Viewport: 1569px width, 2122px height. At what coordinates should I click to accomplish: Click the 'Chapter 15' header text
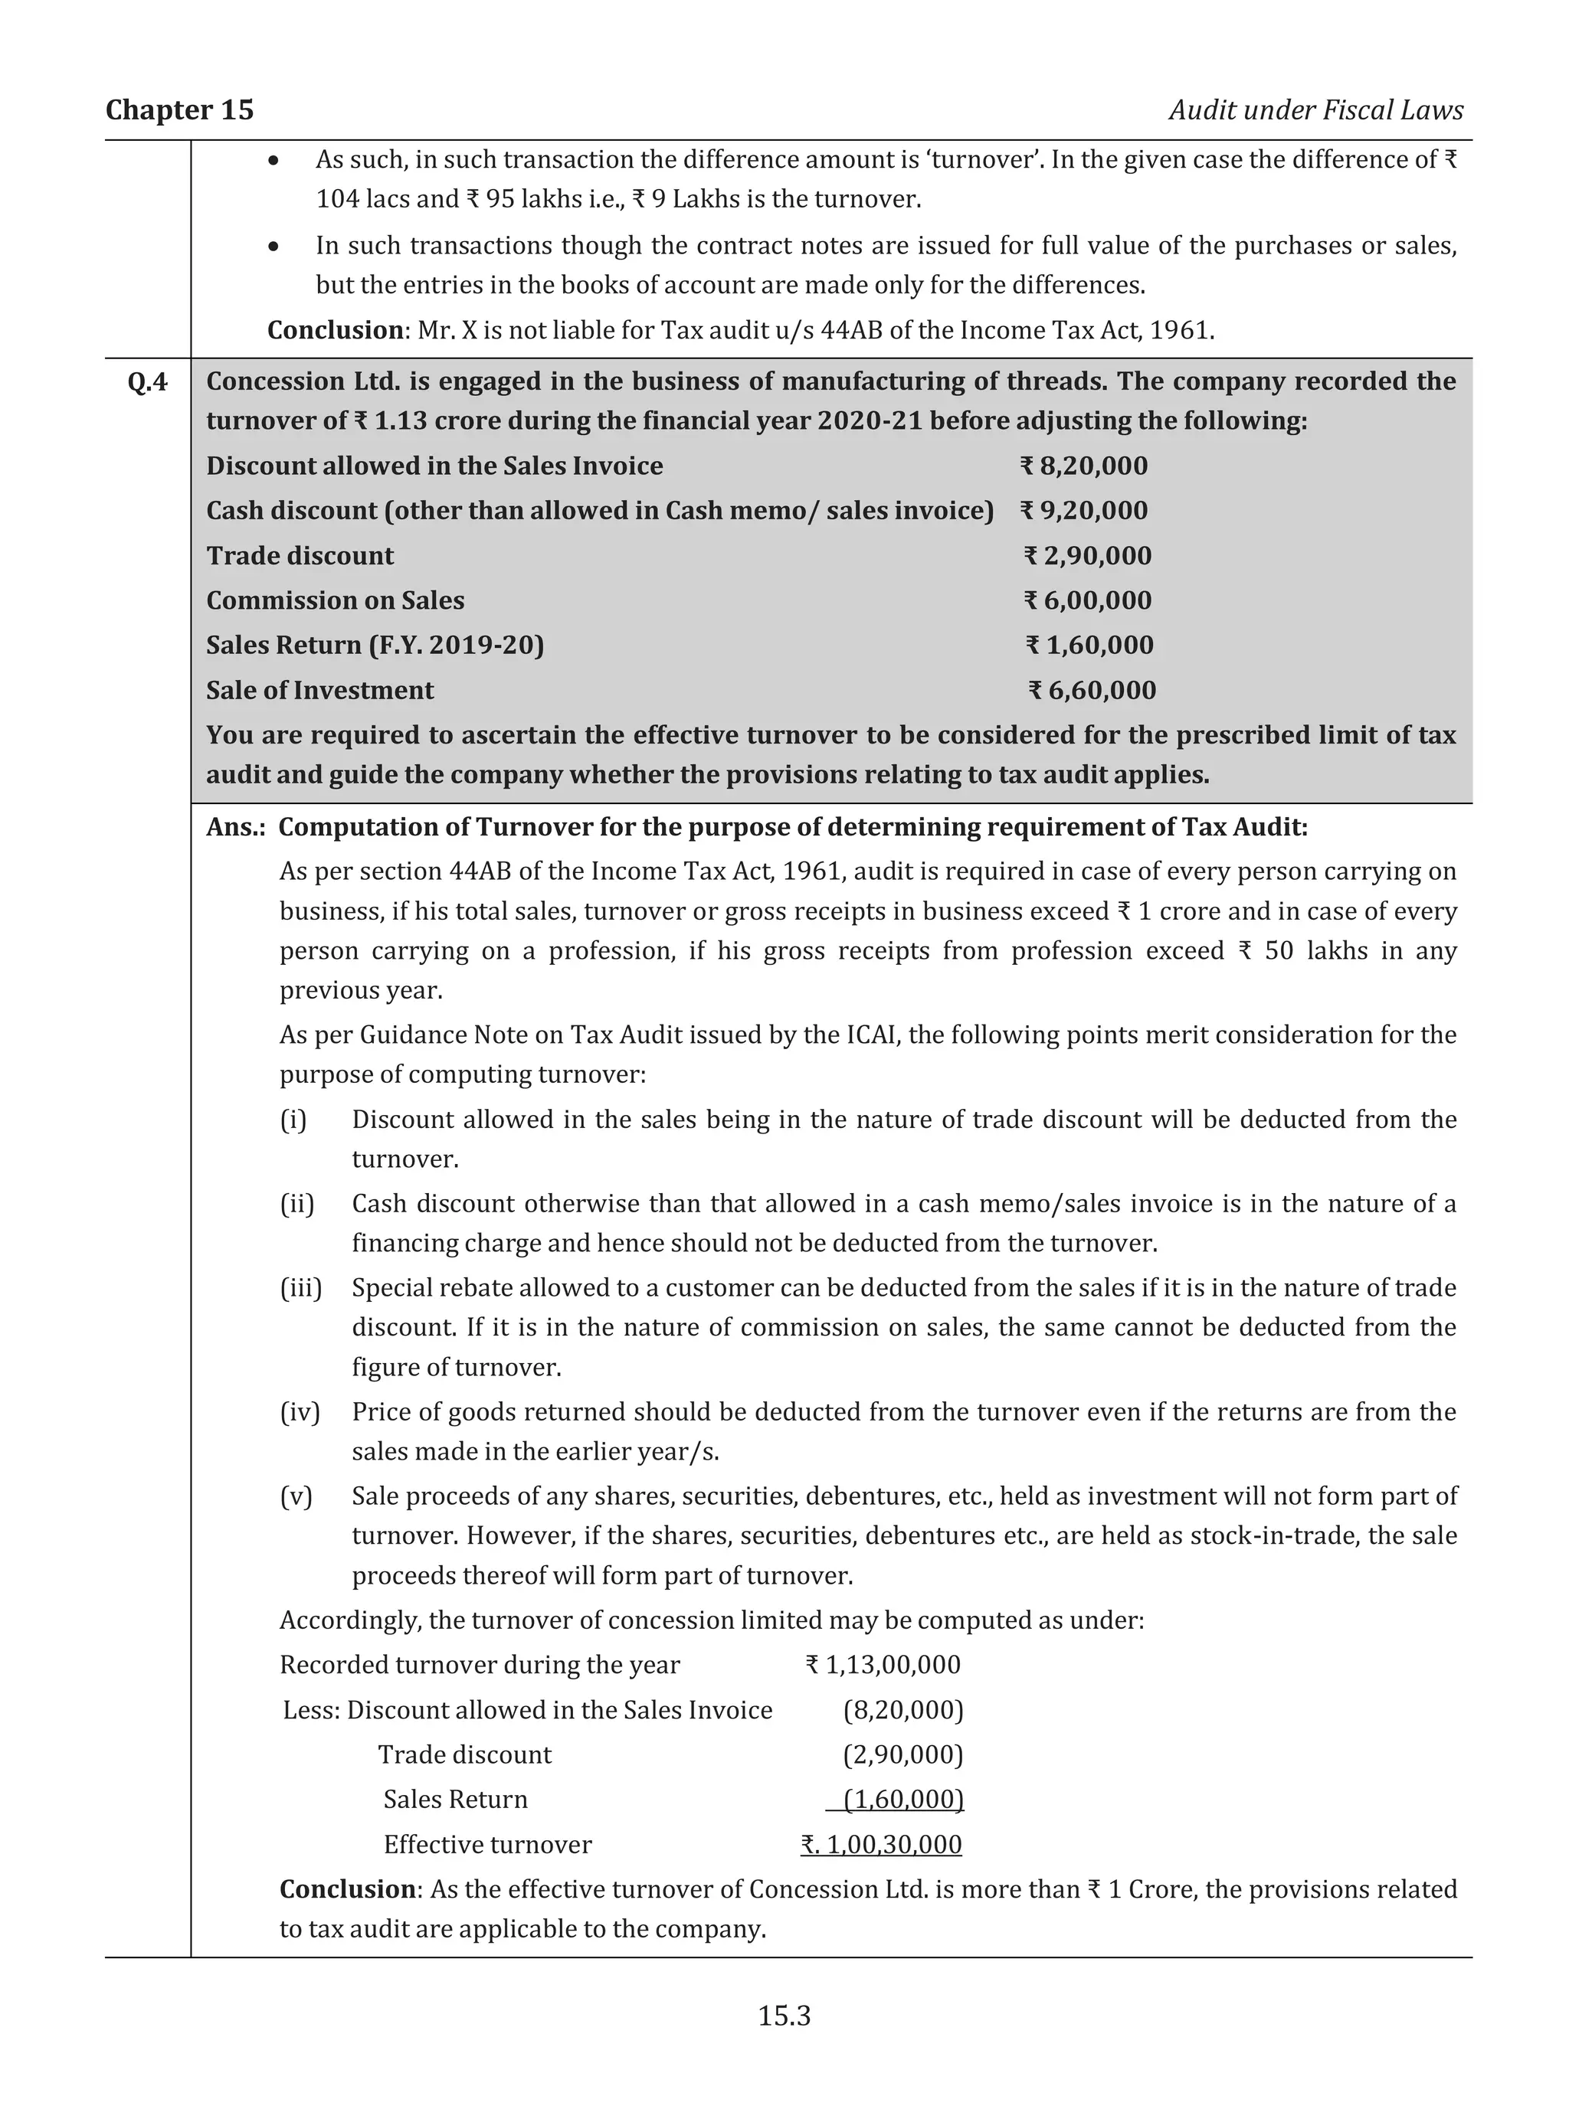click(x=179, y=110)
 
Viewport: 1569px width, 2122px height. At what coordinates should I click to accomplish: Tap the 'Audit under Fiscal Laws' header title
click(x=1315, y=110)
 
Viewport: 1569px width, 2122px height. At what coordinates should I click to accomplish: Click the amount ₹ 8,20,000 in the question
click(x=1084, y=466)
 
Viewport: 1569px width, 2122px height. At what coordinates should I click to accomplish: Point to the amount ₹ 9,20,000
click(x=1084, y=511)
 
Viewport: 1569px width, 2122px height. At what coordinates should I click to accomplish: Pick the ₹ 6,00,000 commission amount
click(x=1087, y=601)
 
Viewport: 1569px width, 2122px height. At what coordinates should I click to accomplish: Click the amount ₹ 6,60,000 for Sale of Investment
click(x=1092, y=690)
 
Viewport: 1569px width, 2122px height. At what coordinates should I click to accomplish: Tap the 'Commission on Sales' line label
click(x=336, y=601)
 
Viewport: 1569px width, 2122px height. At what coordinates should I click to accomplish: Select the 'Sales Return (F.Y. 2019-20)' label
click(x=375, y=646)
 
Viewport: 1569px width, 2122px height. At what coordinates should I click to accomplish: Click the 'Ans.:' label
click(x=235, y=827)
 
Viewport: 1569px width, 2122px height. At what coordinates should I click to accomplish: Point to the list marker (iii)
click(x=300, y=1288)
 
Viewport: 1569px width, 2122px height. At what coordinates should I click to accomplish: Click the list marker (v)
click(x=296, y=1496)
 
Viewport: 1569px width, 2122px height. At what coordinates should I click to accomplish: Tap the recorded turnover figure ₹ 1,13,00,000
click(x=883, y=1666)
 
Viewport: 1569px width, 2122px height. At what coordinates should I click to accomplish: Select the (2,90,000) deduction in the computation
click(x=902, y=1754)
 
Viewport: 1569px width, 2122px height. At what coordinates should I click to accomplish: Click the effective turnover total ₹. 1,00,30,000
click(x=881, y=1845)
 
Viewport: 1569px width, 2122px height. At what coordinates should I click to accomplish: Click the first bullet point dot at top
click(x=274, y=162)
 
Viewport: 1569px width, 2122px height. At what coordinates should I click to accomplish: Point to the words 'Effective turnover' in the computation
click(x=487, y=1845)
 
